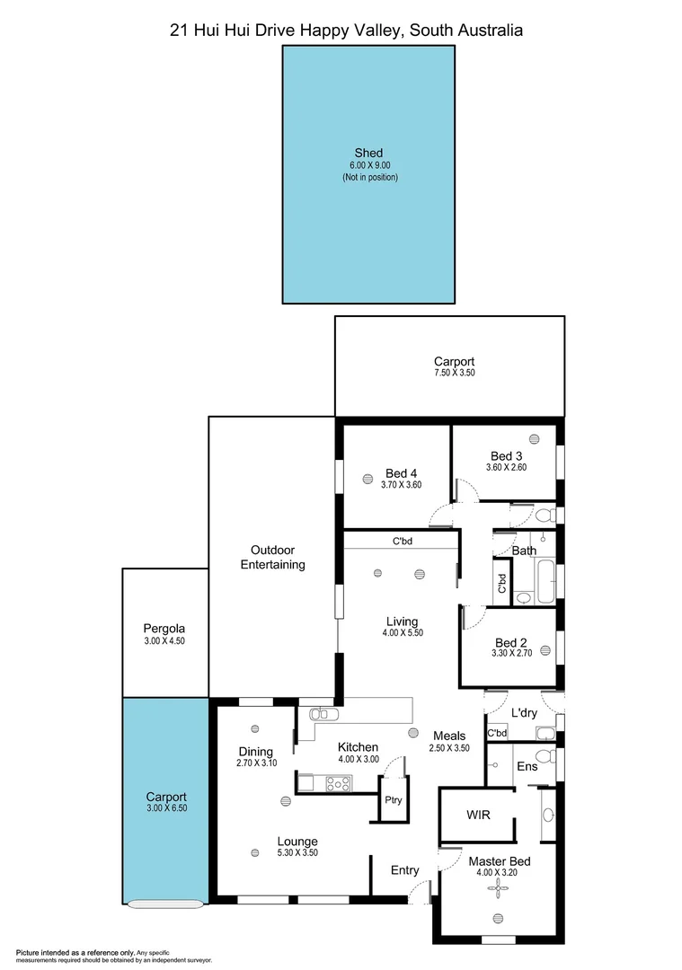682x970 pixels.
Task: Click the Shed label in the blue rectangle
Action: (x=368, y=153)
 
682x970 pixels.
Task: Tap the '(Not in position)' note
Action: (x=368, y=178)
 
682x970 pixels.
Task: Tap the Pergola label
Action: (x=164, y=629)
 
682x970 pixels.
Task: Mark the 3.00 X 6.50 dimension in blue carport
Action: (x=166, y=808)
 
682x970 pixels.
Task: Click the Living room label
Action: (x=403, y=621)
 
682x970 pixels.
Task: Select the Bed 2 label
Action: (x=510, y=642)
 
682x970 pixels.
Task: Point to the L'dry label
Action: (x=524, y=712)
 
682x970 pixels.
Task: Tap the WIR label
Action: (x=477, y=816)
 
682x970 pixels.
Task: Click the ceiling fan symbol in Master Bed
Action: (x=498, y=887)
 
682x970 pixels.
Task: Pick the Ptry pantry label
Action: (x=392, y=798)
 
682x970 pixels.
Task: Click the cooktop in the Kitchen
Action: (x=338, y=784)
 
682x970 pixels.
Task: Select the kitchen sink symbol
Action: (x=320, y=714)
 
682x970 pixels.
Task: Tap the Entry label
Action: (x=404, y=869)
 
